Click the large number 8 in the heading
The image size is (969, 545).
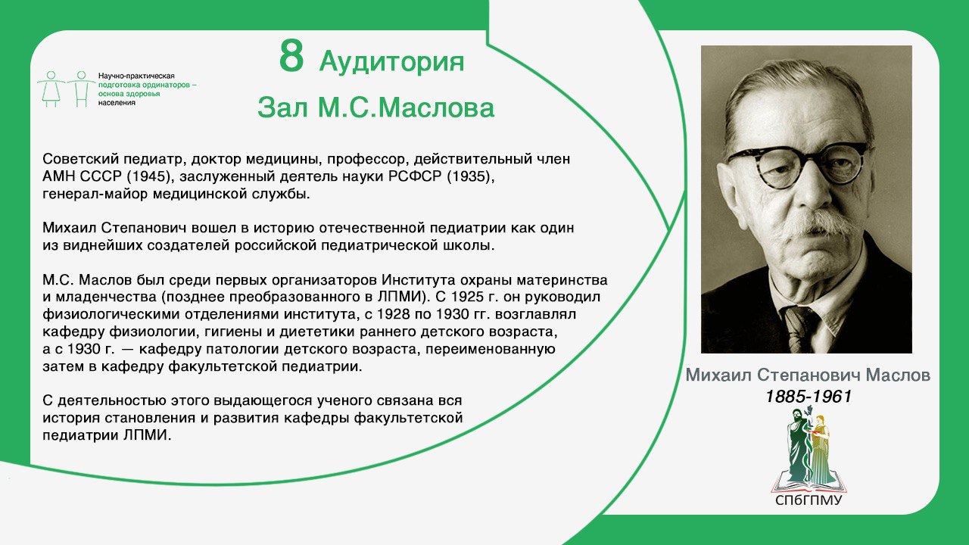[x=291, y=57]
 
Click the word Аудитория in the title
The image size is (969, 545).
[x=391, y=62]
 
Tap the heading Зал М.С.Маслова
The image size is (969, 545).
[x=376, y=107]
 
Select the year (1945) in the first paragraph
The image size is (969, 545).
[x=148, y=177]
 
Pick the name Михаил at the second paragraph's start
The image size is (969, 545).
[x=69, y=228]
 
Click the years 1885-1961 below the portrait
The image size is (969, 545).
[x=808, y=396]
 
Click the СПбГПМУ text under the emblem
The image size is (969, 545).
[x=809, y=500]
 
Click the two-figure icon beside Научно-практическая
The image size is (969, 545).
[x=66, y=89]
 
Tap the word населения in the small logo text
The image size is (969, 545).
[x=117, y=103]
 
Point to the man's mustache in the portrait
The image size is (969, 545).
[x=814, y=223]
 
